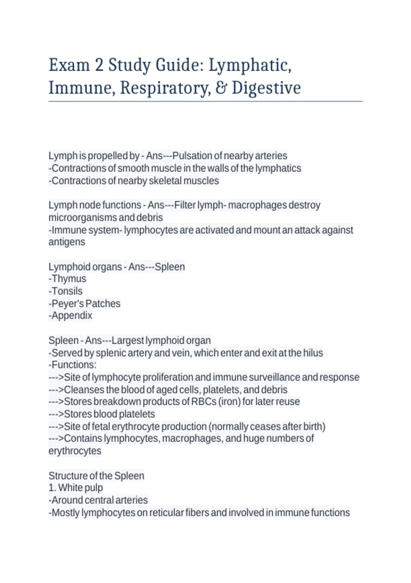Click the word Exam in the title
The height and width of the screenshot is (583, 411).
pos(69,65)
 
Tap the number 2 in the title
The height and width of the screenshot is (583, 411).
pos(99,65)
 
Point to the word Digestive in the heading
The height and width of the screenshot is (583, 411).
pos(266,88)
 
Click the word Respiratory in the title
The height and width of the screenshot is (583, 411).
pos(164,88)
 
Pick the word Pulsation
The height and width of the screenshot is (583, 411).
pos(192,156)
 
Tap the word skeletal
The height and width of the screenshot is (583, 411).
pos(166,181)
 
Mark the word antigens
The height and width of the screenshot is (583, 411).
pos(67,242)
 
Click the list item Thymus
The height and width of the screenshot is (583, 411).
pos(68,279)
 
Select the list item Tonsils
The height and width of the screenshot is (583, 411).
pos(67,291)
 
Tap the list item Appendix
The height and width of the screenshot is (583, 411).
pos(72,316)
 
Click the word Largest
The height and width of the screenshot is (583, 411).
pos(127,341)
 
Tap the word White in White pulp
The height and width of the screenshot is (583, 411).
pos(69,488)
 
